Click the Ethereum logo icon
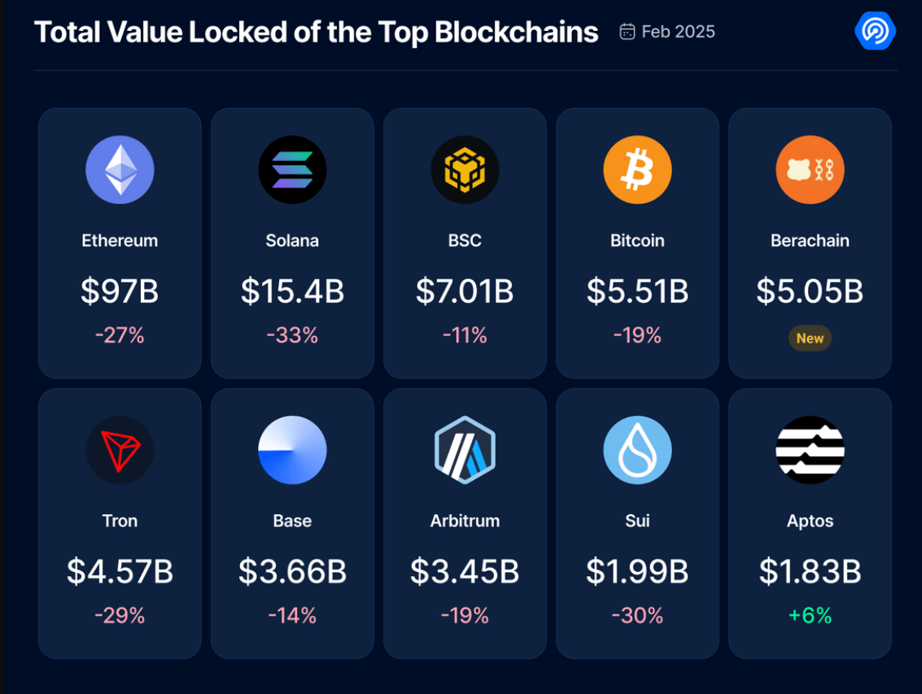[120, 170]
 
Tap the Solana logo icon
[292, 170]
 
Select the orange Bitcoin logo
[637, 170]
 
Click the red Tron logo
[120, 450]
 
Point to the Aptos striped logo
[810, 450]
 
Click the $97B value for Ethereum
[120, 291]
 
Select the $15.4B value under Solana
[292, 291]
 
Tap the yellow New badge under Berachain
[810, 338]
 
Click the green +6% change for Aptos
[810, 616]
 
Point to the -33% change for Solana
[292, 335]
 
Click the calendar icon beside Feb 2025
[627, 32]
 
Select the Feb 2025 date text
[678, 32]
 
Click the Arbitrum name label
[465, 521]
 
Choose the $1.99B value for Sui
[637, 572]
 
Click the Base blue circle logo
[292, 450]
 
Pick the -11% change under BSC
[465, 335]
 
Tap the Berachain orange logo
[810, 170]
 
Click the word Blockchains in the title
[516, 32]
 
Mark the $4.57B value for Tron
[120, 572]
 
